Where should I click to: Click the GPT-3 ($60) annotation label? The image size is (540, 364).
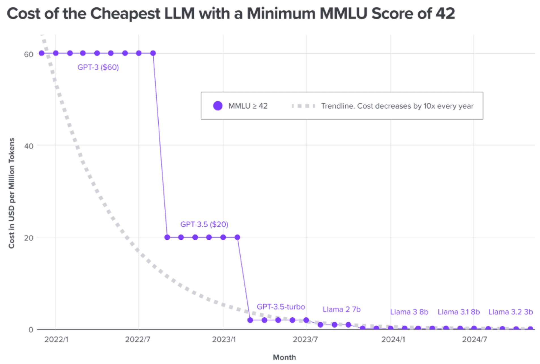pos(98,67)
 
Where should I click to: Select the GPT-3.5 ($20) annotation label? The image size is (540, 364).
pos(204,224)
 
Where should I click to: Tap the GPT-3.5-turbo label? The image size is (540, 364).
pos(280,307)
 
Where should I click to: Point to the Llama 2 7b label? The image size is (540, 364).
pos(341,309)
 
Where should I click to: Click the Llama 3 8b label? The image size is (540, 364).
pos(409,312)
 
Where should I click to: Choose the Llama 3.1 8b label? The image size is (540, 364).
pos(458,312)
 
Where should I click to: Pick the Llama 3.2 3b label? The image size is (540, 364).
pos(510,312)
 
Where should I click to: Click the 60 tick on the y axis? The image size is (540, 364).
pos(29,54)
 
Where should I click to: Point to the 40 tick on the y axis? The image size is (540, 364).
pos(29,146)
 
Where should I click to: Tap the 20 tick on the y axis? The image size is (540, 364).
pos(29,238)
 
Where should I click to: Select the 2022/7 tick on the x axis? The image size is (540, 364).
pos(138,339)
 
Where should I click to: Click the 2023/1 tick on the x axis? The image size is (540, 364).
pos(224,339)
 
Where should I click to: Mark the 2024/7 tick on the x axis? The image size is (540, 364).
pos(474,339)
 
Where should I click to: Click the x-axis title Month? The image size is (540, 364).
pos(284,357)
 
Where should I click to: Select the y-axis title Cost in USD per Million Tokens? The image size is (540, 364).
pos(11,193)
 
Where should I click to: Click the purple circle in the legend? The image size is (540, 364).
pos(218,106)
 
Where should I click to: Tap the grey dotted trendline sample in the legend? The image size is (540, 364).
pos(303,106)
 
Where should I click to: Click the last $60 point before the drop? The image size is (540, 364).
pos(153,53)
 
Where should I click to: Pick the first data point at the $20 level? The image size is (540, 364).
pos(167,237)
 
